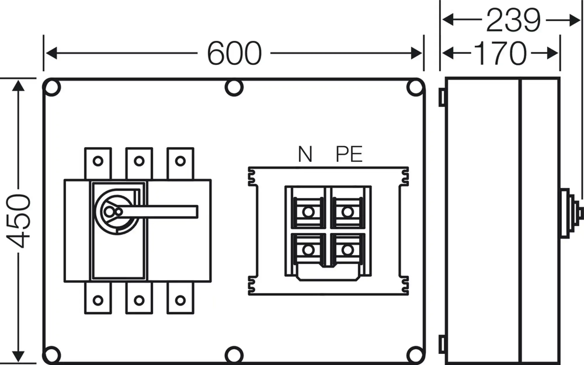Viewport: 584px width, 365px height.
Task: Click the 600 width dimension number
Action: click(234, 53)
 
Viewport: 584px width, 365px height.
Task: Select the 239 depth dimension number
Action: click(514, 20)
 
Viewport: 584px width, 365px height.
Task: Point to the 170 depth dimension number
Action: click(500, 53)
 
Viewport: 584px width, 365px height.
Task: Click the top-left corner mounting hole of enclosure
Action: click(52, 87)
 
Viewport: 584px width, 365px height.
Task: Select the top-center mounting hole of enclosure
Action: click(234, 87)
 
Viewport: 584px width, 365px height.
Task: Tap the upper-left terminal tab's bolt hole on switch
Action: click(98, 161)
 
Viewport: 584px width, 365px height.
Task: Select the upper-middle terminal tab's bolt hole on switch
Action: click(139, 161)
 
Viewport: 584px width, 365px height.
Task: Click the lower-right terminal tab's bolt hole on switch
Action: click(180, 300)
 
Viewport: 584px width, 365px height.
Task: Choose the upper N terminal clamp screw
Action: click(308, 212)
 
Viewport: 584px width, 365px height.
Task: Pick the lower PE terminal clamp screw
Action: click(347, 250)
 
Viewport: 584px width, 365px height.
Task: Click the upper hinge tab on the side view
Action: click(442, 98)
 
